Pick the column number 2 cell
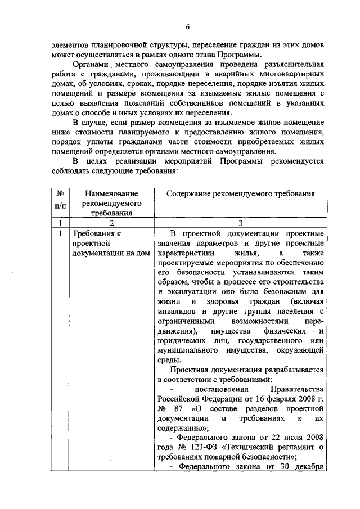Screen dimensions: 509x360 [x=111, y=223]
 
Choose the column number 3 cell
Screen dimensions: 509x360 [x=240, y=223]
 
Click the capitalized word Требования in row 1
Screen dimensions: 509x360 [x=94, y=233]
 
